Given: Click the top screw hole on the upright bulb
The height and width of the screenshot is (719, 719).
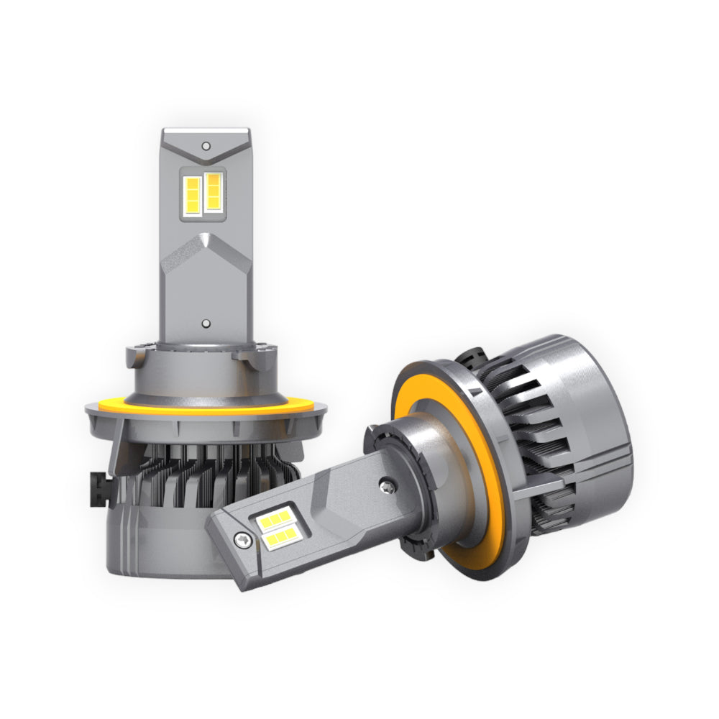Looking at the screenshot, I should point(206,146).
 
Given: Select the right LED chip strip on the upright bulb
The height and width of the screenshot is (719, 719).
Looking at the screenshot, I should point(214,193).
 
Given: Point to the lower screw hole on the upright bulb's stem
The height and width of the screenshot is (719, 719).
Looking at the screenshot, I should point(206,324).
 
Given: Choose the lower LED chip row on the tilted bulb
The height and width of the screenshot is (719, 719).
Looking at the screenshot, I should point(280,538).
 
